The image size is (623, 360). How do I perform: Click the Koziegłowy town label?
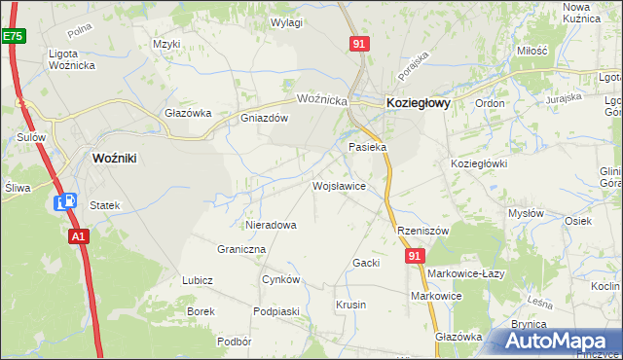tap(418, 102)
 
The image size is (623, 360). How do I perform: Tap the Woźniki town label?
tap(120, 158)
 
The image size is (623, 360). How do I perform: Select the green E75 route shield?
tap(13, 36)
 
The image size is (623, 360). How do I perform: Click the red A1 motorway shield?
tap(79, 235)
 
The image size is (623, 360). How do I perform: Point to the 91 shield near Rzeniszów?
tap(416, 255)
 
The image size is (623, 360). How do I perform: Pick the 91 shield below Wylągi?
tap(359, 44)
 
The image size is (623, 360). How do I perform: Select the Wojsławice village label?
tap(339, 185)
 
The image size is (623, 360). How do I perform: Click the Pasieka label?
tap(368, 147)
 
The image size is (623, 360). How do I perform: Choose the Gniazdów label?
tap(265, 119)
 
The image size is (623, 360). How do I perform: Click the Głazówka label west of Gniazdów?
tap(188, 113)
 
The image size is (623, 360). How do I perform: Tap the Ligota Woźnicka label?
tap(70, 58)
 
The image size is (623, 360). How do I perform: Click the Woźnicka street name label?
tap(322, 99)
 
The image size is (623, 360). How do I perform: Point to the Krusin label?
tap(350, 305)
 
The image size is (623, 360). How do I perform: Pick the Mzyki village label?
tap(167, 44)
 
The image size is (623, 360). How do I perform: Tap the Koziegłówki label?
tap(479, 163)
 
